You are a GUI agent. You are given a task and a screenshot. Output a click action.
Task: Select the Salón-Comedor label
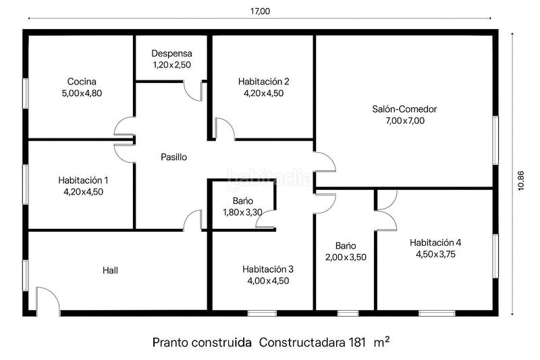404,109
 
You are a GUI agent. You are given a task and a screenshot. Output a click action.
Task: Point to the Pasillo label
173,157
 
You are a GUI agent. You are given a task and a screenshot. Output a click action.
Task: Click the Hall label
111,269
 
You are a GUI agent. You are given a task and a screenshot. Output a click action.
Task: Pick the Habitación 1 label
83,180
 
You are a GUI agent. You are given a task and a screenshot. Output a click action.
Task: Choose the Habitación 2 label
263,82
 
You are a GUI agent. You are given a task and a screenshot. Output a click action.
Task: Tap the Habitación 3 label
268,269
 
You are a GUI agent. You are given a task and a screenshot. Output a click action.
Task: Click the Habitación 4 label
435,242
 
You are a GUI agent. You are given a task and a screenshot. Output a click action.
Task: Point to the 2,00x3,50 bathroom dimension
346,257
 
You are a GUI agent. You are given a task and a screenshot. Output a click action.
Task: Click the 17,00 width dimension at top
259,11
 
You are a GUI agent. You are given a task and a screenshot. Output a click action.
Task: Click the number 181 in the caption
357,342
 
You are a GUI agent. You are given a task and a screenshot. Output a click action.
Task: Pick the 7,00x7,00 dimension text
404,121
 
